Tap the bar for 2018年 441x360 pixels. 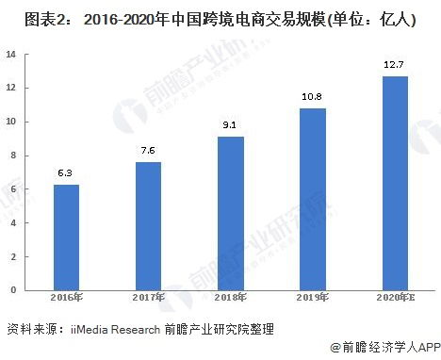point(230,212)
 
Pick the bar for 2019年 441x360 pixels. point(312,198)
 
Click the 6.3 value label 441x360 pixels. point(66,172)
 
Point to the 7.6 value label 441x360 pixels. point(148,151)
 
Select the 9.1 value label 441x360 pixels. point(230,125)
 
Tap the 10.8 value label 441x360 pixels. point(312,97)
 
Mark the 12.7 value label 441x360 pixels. point(395,65)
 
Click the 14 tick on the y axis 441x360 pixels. point(11,55)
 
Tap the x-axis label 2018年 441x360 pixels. point(230,299)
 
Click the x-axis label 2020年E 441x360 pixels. point(395,299)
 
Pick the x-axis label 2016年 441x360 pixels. point(66,299)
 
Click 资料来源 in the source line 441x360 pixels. point(30,329)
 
